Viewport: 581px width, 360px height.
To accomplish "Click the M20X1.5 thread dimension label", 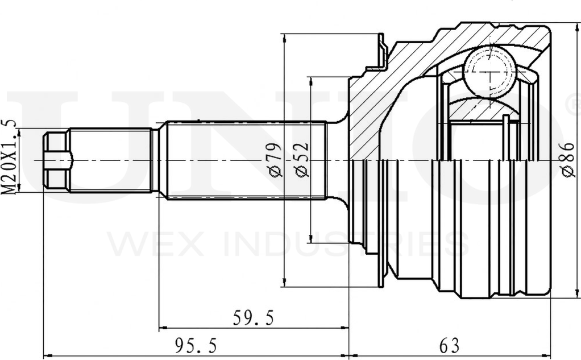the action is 9,157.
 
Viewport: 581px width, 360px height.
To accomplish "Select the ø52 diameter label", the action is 302,160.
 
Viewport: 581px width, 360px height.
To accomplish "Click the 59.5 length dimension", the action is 254,318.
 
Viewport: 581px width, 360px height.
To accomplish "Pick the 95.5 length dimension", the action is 196,346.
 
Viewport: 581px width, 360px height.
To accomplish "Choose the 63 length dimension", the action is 449,346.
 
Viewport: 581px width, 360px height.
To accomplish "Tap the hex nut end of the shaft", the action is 57,160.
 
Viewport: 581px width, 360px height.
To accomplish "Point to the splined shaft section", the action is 246,160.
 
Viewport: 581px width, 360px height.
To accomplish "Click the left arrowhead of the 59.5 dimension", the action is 162,328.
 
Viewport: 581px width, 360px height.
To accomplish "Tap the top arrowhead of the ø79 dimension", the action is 284,37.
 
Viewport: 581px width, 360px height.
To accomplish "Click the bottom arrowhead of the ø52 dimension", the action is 310,239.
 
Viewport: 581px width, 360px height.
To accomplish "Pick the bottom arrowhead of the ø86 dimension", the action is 577,293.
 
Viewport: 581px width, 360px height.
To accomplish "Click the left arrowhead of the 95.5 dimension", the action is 47,356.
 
